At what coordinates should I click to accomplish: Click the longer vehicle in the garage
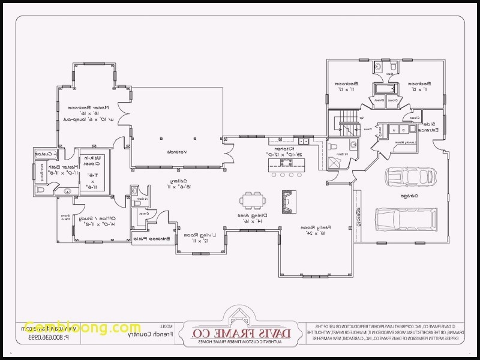tap(404, 218)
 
